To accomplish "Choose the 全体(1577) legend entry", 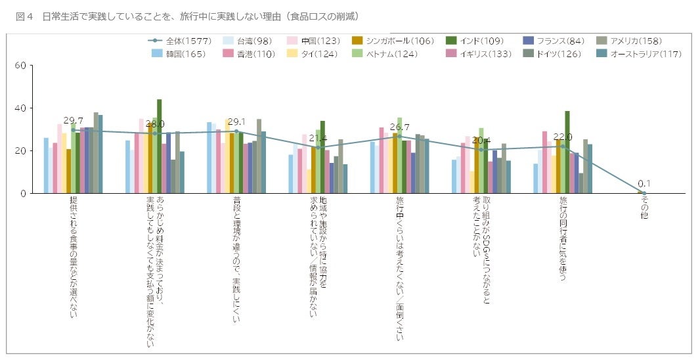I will point(180,41).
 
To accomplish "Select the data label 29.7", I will point(73,121).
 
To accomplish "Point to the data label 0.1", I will point(644,184).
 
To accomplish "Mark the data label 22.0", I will point(563,137).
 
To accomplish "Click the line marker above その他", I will point(644,193).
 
